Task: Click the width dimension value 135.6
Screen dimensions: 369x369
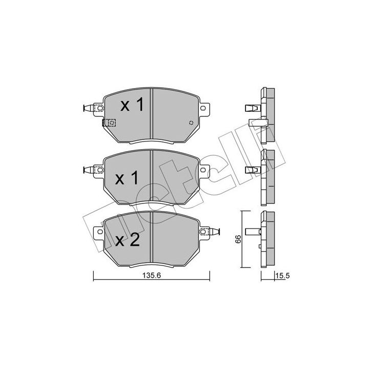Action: tap(152, 275)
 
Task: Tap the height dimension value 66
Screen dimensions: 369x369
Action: tap(238, 239)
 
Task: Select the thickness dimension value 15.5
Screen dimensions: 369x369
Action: tap(282, 276)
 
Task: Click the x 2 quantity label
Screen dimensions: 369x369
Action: tap(128, 240)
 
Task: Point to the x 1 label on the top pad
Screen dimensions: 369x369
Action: tap(132, 105)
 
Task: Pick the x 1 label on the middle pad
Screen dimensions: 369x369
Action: tap(127, 178)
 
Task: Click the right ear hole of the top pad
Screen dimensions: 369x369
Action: tap(203, 108)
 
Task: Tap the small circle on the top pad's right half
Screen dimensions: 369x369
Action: tap(191, 122)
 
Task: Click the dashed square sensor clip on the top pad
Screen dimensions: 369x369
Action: tap(109, 122)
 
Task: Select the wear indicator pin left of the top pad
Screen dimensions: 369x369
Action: tap(89, 108)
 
